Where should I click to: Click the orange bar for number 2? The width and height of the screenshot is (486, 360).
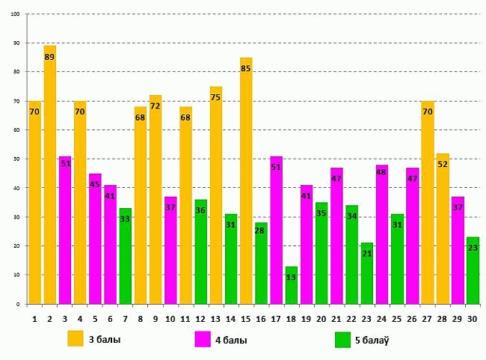(x=50, y=180)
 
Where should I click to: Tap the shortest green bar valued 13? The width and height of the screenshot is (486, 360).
(x=292, y=288)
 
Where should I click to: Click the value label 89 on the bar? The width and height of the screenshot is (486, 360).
(x=50, y=57)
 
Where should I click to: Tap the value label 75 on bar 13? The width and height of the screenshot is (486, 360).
(x=216, y=97)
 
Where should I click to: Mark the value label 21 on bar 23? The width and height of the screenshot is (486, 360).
(x=367, y=254)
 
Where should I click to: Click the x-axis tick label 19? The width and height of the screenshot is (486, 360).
(x=307, y=317)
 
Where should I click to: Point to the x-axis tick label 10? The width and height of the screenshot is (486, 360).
(x=170, y=317)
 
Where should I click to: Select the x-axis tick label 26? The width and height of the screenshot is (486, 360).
(x=412, y=317)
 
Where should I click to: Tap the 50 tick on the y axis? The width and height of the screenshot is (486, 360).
(x=16, y=159)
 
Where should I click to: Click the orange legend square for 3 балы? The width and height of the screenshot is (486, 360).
(x=75, y=339)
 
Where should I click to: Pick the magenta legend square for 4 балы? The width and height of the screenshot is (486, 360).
(x=203, y=339)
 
